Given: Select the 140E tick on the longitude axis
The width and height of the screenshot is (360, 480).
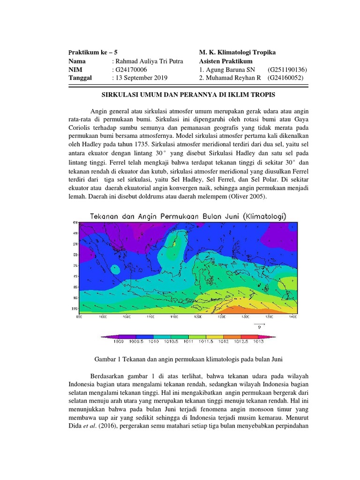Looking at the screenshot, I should [293, 317].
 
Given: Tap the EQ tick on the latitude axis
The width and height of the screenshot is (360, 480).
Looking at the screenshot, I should [75, 255].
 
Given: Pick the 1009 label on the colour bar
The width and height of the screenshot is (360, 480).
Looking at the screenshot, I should [119, 342].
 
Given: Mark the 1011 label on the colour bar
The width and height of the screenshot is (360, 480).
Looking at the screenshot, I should [189, 342].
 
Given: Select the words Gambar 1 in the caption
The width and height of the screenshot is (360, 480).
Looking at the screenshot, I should [111, 359].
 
